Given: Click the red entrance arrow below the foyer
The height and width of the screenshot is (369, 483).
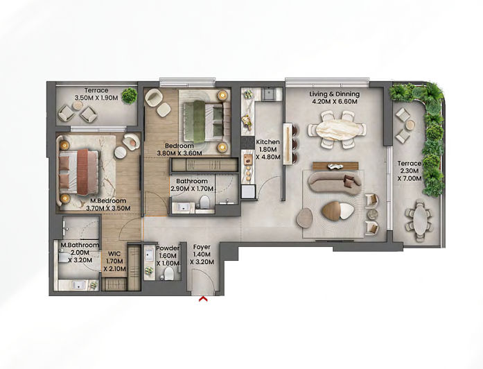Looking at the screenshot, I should coord(203,299).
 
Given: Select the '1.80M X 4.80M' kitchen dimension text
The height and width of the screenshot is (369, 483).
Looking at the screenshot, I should coord(267,153).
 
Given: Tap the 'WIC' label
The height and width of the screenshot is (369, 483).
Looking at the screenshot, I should coord(114,253).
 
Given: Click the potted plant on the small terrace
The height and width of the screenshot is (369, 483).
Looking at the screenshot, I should coord(129,96).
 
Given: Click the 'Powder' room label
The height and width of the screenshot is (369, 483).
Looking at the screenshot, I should coord(168,248).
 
